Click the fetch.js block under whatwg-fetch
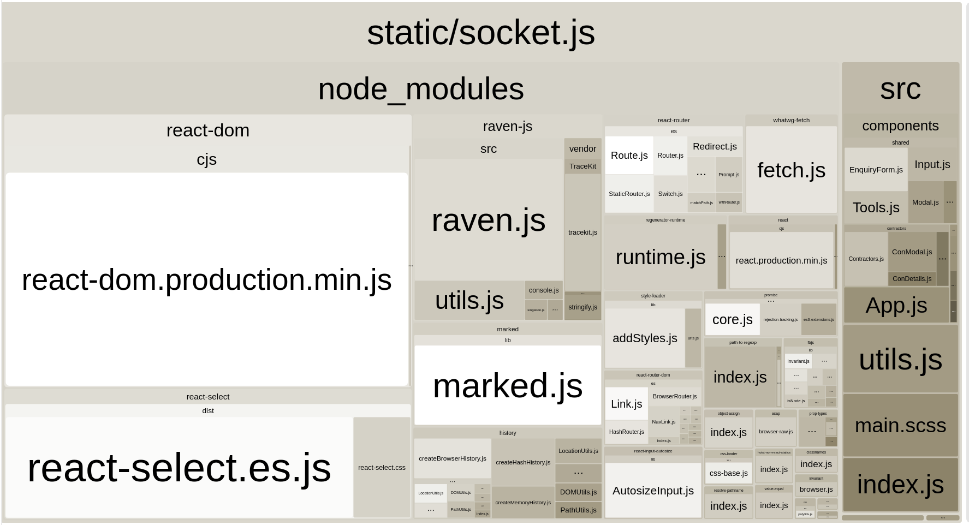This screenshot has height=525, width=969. tap(791, 170)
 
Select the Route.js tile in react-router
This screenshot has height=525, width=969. tap(629, 156)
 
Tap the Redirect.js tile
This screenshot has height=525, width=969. tap(715, 146)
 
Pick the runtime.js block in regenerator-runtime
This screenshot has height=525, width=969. tap(661, 257)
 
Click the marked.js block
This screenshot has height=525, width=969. tap(508, 385)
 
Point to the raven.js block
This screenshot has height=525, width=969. tap(489, 220)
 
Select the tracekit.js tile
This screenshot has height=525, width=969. tap(582, 232)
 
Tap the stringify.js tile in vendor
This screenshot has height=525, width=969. tap(582, 307)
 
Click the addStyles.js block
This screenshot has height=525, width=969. tap(645, 338)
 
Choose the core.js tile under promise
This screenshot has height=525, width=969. tap(732, 320)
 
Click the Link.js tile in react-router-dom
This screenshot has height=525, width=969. tap(626, 404)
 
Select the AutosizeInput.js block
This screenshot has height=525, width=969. tap(653, 491)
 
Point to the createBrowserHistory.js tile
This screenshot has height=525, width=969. tap(452, 458)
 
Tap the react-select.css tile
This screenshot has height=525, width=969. tap(382, 468)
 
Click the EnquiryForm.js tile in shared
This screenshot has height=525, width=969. tap(876, 170)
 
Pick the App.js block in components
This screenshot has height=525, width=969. tap(896, 306)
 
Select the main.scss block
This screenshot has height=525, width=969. tap(900, 425)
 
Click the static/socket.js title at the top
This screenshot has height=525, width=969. tap(480, 32)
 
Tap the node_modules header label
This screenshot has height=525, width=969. tap(420, 89)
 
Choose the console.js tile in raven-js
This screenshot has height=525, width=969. tap(544, 290)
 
